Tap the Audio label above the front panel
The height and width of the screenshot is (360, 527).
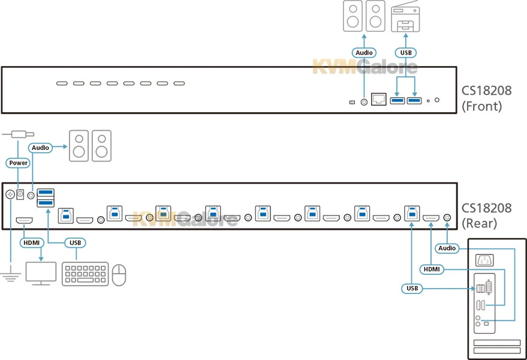point(364,53)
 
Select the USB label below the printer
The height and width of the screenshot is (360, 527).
point(406,53)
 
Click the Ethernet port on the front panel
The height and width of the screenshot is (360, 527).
point(378,98)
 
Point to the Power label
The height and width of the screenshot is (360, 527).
point(18,163)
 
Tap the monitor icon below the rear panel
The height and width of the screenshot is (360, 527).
point(40,273)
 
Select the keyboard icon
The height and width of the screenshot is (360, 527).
point(85,273)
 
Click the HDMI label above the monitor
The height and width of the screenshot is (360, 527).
point(31,243)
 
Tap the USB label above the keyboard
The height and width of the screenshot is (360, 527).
point(74,243)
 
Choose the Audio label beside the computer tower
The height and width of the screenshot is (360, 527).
point(447,248)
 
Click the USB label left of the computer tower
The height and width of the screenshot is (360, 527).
point(411,289)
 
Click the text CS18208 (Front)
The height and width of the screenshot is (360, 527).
point(486,99)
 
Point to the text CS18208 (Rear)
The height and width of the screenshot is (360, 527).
point(486,216)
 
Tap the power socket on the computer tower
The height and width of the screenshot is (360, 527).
point(484,260)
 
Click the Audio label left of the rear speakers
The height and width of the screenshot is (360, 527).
point(41,146)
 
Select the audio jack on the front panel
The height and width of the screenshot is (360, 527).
point(363,101)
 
